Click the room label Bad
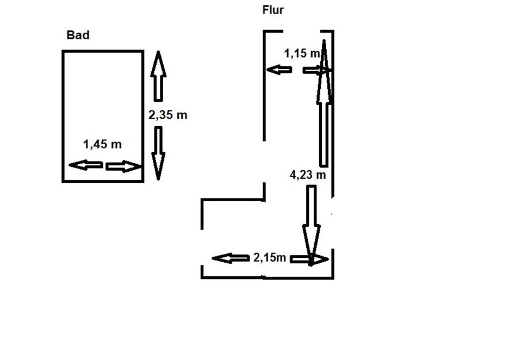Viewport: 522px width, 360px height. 78,35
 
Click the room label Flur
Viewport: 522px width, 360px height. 273,10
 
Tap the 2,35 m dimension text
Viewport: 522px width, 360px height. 168,115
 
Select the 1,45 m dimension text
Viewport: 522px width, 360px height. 102,144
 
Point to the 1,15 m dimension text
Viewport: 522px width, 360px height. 302,53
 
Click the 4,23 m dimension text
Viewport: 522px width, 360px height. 308,175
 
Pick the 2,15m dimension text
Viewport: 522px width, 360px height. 270,257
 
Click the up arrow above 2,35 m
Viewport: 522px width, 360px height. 158,76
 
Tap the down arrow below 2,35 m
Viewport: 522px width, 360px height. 158,153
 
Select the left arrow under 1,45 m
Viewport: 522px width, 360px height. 85,165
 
